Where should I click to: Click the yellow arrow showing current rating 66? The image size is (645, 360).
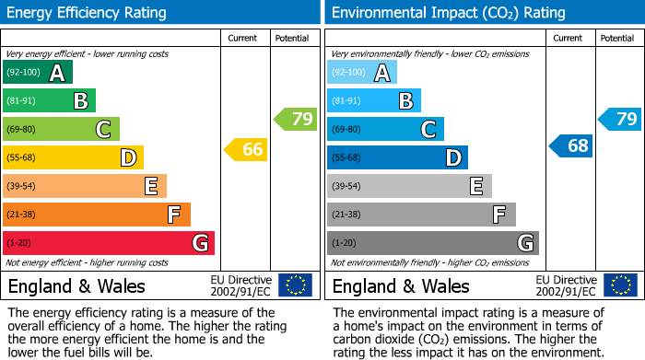coord(247,149)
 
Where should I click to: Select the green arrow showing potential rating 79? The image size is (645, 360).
coord(296,119)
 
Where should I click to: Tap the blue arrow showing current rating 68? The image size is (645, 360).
coord(571,145)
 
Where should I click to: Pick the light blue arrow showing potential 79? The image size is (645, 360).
coord(620,119)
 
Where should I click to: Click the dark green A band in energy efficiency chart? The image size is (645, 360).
coord(38,73)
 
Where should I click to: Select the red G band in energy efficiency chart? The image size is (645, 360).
coord(109,243)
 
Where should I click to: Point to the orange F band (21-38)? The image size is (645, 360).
coord(97,215)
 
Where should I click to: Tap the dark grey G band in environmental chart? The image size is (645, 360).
coord(433,243)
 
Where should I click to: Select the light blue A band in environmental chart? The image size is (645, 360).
coord(362,73)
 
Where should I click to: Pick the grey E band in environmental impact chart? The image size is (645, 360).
coord(409,186)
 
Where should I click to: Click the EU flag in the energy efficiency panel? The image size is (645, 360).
coord(295,285)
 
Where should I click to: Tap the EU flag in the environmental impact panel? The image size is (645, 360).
coord(619,285)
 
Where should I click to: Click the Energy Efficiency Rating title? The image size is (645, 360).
coord(88,13)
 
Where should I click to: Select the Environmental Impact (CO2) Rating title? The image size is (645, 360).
coord(448,13)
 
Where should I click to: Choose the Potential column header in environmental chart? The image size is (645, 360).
coord(617,38)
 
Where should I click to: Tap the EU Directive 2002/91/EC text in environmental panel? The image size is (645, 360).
coord(565,285)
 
